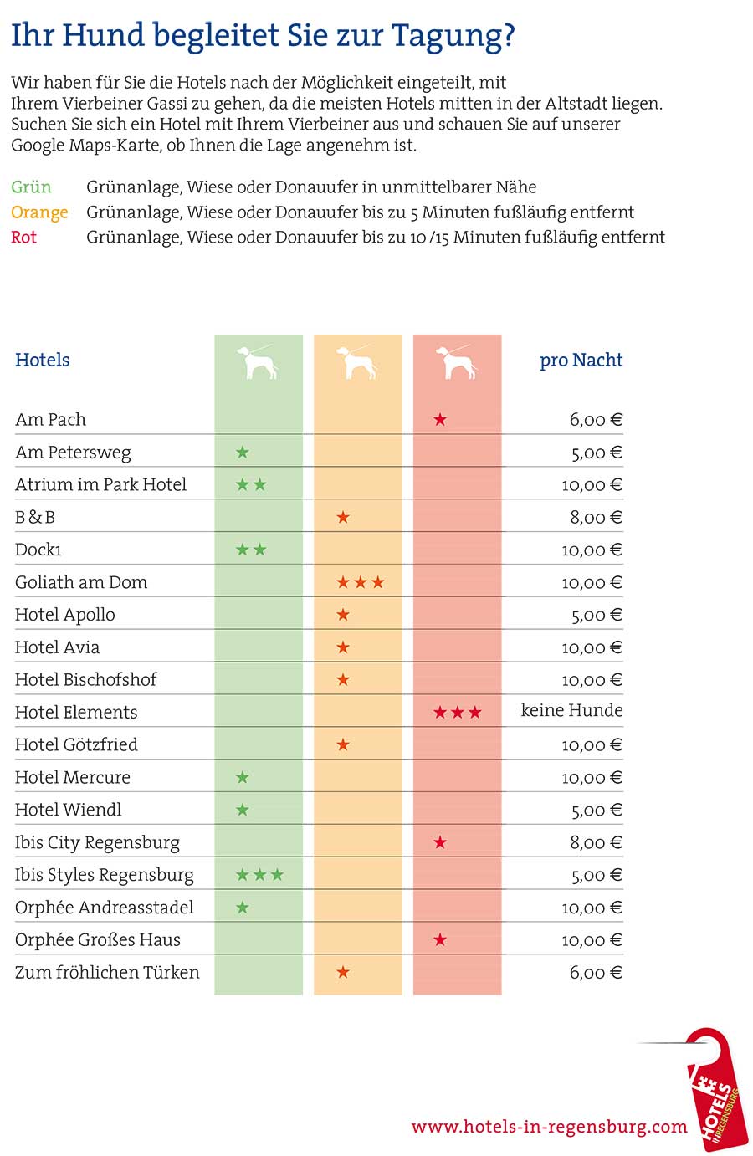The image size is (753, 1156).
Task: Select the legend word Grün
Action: point(31,187)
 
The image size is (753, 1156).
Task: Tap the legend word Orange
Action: point(39,212)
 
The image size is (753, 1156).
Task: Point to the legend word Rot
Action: point(23,238)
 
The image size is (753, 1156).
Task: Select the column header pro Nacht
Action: point(581,361)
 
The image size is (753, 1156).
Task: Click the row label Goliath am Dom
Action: point(81,582)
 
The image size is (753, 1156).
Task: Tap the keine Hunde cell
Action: point(571,710)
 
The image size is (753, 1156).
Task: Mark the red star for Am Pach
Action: point(440,420)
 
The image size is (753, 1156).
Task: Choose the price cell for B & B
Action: point(596,518)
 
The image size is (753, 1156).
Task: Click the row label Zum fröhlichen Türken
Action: point(107,972)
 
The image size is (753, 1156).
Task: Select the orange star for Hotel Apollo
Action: point(343,615)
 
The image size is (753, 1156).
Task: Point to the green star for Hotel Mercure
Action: point(243,777)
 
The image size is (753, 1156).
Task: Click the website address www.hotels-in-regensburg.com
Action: point(549,1126)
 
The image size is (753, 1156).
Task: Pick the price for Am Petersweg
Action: point(597,453)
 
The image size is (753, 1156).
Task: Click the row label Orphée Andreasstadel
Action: point(104,908)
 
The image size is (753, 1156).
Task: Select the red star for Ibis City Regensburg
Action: point(440,842)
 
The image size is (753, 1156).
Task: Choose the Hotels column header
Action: point(43,361)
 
